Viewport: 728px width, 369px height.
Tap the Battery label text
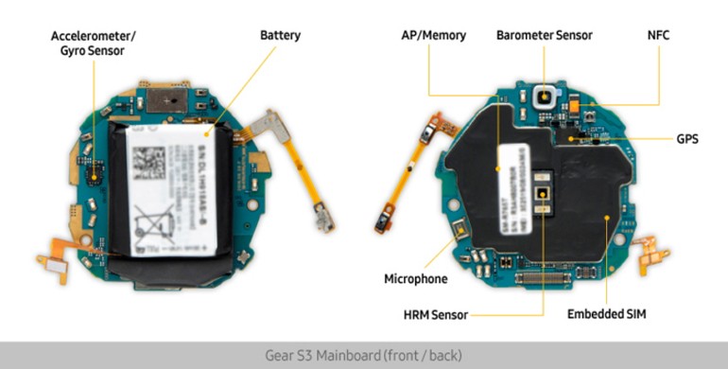[x=280, y=36]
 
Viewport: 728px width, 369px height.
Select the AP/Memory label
[x=434, y=36]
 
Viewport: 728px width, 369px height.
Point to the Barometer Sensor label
[x=544, y=36]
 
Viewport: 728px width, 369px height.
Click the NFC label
[x=658, y=36]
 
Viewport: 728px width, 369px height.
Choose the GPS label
[x=686, y=138]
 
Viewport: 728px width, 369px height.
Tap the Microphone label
[x=415, y=279]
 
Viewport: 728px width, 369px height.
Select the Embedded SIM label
[x=606, y=313]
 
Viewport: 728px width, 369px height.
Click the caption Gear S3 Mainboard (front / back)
[x=363, y=356]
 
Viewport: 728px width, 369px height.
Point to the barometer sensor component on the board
[x=544, y=97]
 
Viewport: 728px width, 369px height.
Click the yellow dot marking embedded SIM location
[x=606, y=216]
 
